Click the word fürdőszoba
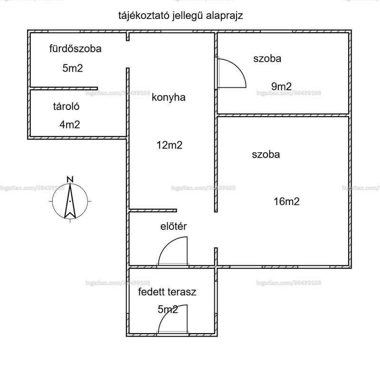(76, 49)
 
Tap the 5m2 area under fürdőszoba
(73, 68)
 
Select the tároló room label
(66, 106)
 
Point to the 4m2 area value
(70, 124)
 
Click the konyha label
(169, 97)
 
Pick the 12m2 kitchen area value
(170, 145)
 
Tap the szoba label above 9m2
(267, 59)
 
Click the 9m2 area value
(281, 86)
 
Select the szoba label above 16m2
(266, 155)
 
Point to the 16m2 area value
(287, 202)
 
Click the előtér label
(173, 226)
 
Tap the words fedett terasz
(167, 292)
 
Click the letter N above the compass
(70, 179)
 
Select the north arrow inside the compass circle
(70, 201)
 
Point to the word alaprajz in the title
(224, 16)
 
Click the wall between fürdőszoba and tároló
(64, 88)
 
